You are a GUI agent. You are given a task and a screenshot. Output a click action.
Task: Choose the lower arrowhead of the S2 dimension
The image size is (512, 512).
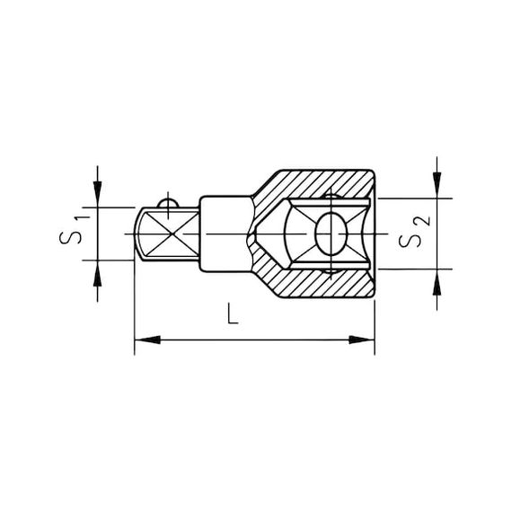pos(437,279)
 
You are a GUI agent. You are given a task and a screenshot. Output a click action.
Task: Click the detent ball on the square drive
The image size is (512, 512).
pos(168,204)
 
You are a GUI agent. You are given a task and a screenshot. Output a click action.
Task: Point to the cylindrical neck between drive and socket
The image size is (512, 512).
pos(221,234)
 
